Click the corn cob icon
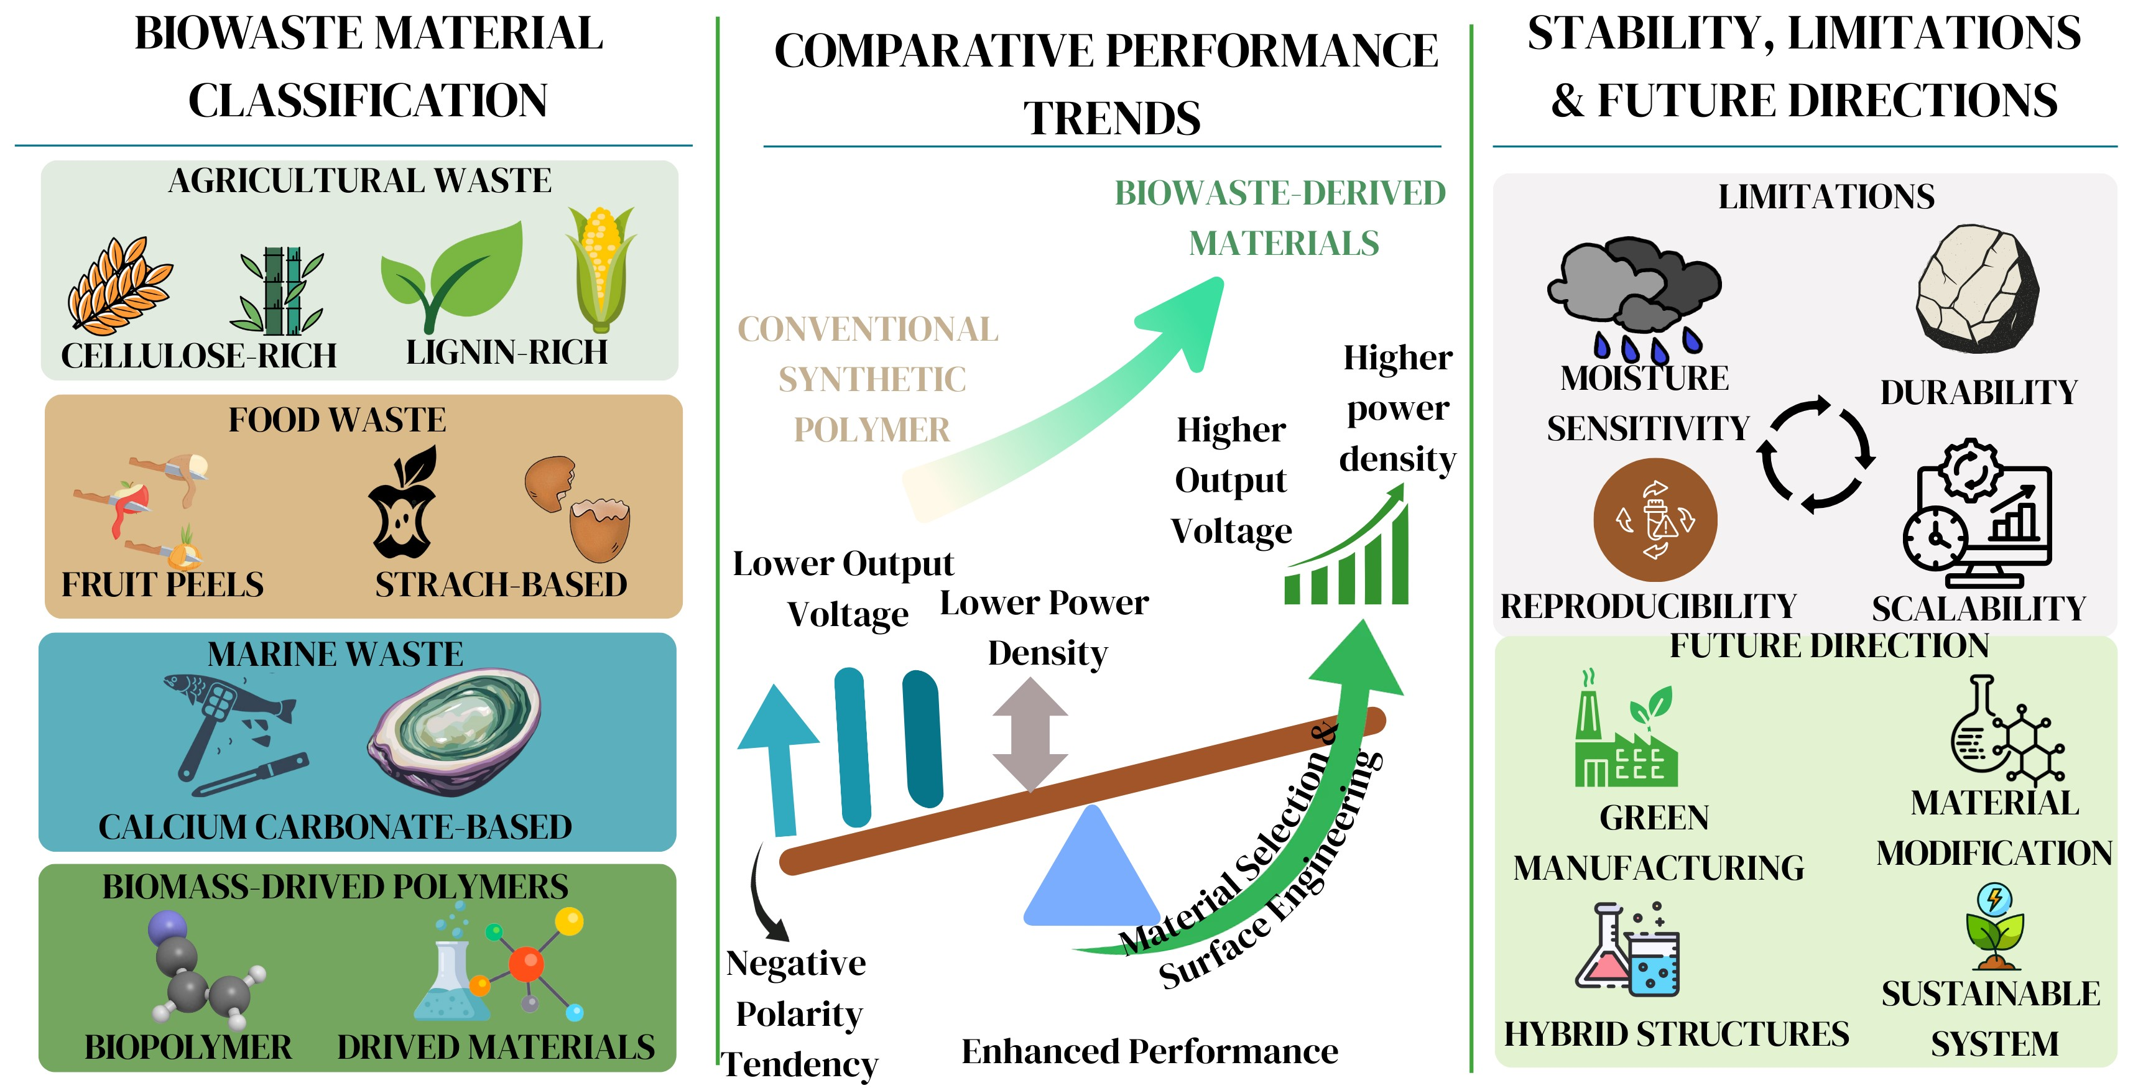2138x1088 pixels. click(x=601, y=270)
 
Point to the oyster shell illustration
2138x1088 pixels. click(x=454, y=733)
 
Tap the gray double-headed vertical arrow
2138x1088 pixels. click(x=1030, y=734)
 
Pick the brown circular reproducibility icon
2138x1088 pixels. click(x=1655, y=520)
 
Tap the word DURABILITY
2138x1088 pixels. click(x=1979, y=392)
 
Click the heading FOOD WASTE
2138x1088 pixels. click(x=337, y=420)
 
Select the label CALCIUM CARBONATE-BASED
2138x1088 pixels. click(x=335, y=827)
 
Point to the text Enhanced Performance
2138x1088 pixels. click(x=1149, y=1051)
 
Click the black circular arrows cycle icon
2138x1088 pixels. click(x=1816, y=454)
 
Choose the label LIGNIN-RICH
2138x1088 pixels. click(x=506, y=353)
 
